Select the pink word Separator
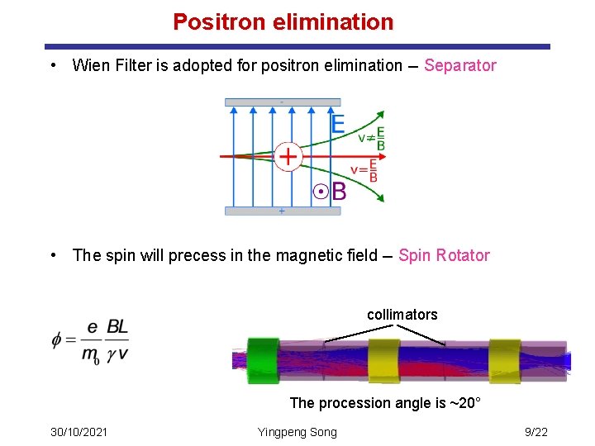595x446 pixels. [459, 65]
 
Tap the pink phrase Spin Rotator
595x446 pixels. [444, 255]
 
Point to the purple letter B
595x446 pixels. [339, 192]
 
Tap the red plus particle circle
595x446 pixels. [288, 155]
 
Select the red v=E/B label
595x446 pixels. [364, 171]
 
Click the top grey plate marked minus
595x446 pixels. [282, 102]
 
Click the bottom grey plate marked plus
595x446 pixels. [282, 211]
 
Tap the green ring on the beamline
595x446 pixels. [264, 360]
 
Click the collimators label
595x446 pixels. [402, 315]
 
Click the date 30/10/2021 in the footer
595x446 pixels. [79, 432]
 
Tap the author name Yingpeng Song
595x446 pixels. [297, 432]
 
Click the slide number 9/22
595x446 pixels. [536, 432]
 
